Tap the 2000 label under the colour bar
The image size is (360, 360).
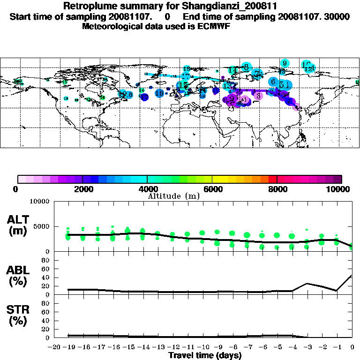coord(82,189)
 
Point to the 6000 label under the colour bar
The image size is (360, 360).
coord(212,189)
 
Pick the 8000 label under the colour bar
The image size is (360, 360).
coord(277,189)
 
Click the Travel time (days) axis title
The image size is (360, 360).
coord(205,356)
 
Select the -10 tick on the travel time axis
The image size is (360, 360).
coord(202,347)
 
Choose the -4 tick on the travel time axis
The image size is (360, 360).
coord(292,347)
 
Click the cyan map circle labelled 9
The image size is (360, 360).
coord(285,63)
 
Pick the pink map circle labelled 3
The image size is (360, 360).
coord(258,96)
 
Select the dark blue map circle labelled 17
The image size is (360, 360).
coord(144,97)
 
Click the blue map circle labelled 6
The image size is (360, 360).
coord(273,82)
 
